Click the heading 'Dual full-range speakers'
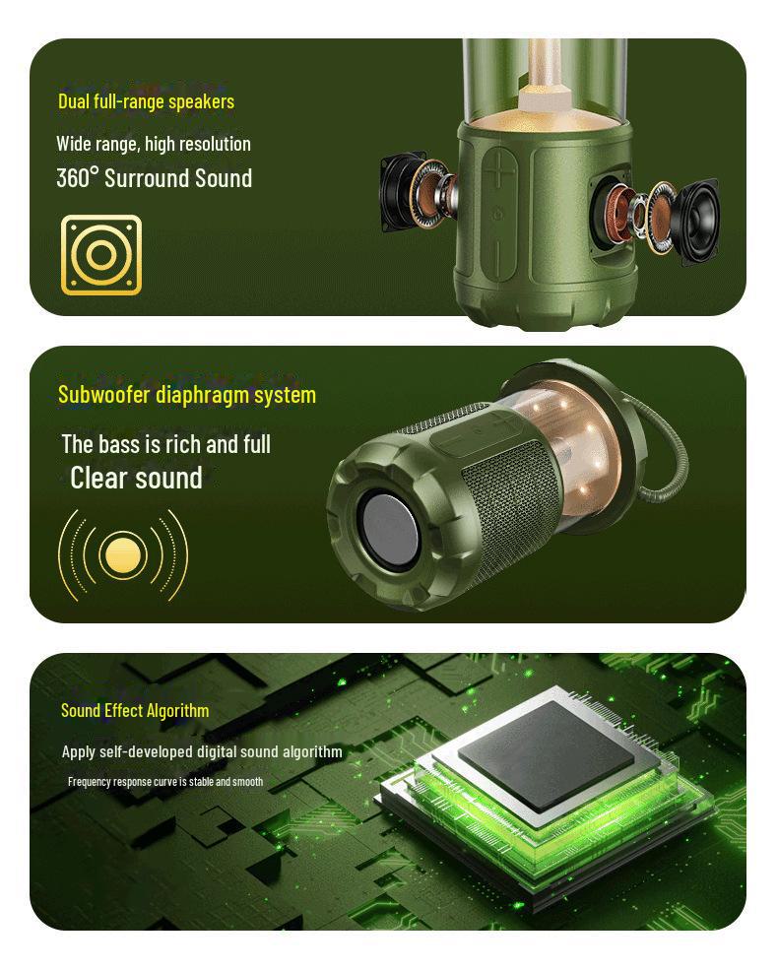coord(146,101)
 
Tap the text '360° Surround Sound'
coord(154,178)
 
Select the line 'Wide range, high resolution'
coord(153,144)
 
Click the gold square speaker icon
coord(101,255)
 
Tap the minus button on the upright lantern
coord(502,255)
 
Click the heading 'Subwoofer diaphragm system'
coord(187,395)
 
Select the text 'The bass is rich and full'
coord(165,444)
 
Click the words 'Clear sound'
coord(136,479)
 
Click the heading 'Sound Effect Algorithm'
coord(135,710)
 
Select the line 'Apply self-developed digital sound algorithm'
coord(202,751)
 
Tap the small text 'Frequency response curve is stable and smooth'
coord(165,782)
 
